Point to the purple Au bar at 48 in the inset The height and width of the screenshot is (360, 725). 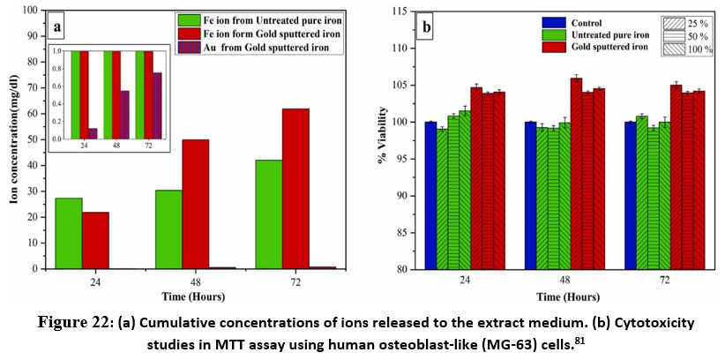[x=124, y=115]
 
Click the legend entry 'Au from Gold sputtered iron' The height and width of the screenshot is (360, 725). [x=274, y=48]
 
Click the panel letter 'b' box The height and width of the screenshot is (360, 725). [x=429, y=26]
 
